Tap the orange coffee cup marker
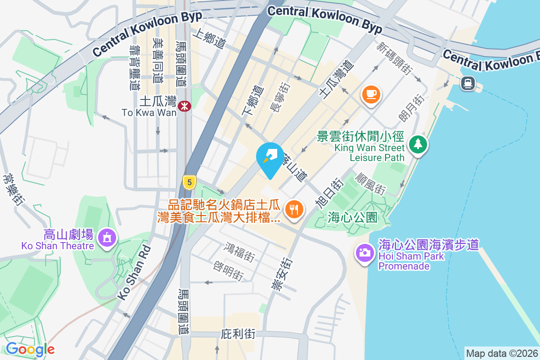pyautogui.click(x=371, y=94)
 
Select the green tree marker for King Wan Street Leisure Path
pyautogui.click(x=418, y=144)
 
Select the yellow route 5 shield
pyautogui.click(x=189, y=182)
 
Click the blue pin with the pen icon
pyautogui.click(x=270, y=157)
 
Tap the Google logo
pyautogui.click(x=30, y=349)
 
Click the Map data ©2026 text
pyautogui.click(x=502, y=353)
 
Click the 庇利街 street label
pyautogui.click(x=238, y=334)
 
